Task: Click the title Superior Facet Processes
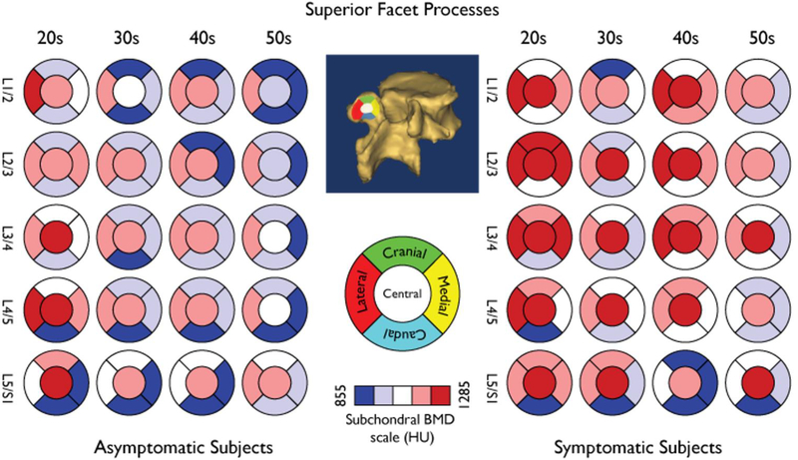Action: [x=399, y=12]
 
